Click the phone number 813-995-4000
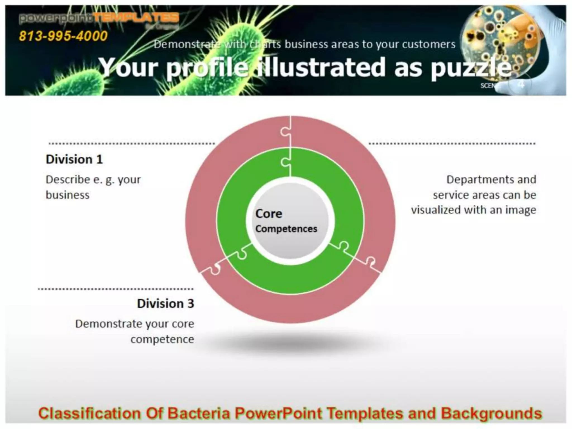coord(63,36)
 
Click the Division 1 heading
coord(74,159)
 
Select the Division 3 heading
coord(165,304)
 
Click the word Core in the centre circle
coord(269,214)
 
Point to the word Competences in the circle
coord(286,229)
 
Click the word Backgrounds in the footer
coord(491,413)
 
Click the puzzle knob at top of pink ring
coord(285,132)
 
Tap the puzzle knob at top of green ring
coord(285,162)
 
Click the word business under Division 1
coord(68,195)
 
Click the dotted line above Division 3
coord(116,289)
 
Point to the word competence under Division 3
coord(162,339)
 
